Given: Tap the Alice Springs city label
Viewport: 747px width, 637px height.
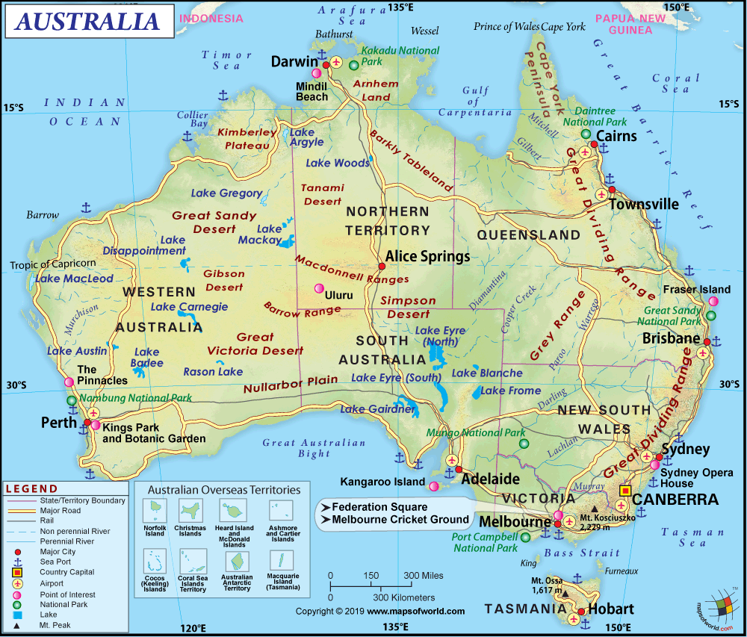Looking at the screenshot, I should click(428, 257).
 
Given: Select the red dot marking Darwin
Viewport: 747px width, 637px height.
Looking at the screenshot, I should click(317, 74).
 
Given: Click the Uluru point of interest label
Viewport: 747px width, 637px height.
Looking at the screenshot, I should click(338, 295).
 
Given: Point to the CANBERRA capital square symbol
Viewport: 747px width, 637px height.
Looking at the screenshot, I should click(624, 491).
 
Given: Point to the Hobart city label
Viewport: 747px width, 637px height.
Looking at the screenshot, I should click(610, 609).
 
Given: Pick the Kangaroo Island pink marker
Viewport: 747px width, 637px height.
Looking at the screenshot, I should click(434, 486).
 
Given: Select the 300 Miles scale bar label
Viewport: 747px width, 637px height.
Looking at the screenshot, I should click(424, 576).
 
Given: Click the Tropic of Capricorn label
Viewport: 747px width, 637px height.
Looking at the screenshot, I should click(52, 264).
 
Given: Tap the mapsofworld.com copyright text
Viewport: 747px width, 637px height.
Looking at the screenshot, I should click(380, 611).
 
